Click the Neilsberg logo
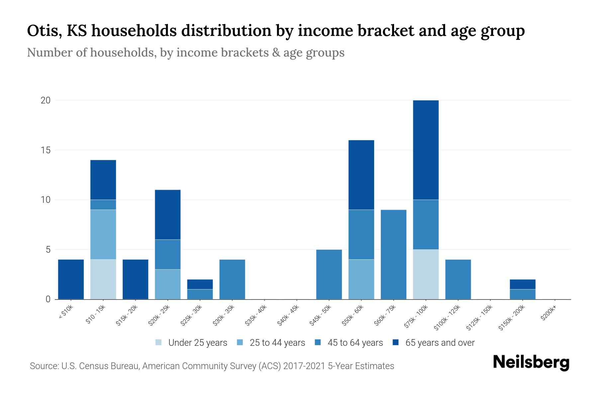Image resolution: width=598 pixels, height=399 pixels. pos(531,363)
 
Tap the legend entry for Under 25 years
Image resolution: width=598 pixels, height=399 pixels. pos(191,343)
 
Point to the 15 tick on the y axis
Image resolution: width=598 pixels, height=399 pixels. pos(46,150)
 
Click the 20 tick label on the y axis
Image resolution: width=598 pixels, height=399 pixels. pos(46,100)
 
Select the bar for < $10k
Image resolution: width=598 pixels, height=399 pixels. pos(71,279)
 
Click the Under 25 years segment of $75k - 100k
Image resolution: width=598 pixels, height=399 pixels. pos(426,274)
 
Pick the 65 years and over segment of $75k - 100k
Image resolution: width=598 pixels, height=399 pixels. pos(426,150)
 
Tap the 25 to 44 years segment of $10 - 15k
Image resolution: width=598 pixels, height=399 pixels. pos(103,234)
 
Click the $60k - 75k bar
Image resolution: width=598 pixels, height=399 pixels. pos(393,254)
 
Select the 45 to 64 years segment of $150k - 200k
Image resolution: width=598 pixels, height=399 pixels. pos(523,294)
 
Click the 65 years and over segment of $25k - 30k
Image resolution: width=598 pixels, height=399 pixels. pos(200,284)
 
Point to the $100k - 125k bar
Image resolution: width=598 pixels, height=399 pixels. pos(458,279)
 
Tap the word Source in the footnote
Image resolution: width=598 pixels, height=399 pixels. pos(43,366)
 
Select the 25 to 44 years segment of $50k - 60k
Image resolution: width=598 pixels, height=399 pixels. pos(361,279)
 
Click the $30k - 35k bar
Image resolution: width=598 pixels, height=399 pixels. pos(232,279)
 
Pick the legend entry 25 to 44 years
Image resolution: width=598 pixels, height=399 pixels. pos(271,343)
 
